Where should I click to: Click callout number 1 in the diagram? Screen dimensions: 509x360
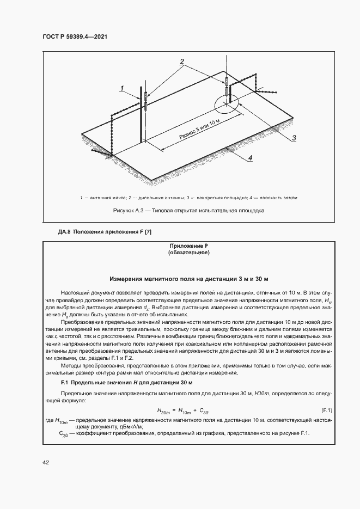tap(123, 88)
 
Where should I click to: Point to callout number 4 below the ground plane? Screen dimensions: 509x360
tap(251, 158)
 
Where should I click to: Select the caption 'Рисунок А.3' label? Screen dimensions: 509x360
tap(128, 210)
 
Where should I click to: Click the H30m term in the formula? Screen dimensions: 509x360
tap(164, 410)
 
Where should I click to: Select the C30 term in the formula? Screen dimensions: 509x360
tap(204, 410)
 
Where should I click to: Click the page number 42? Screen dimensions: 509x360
tap(46, 463)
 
